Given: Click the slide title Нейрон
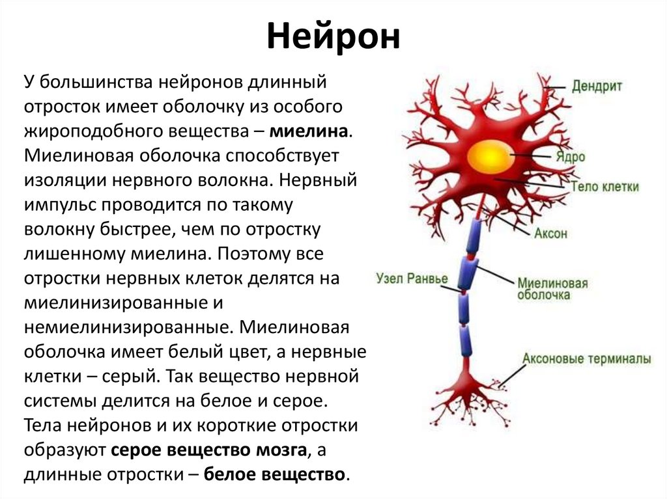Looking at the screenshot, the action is click(333, 37).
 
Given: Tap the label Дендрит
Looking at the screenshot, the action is click(598, 86).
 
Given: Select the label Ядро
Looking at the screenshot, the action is click(571, 157).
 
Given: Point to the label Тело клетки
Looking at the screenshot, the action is click(604, 187).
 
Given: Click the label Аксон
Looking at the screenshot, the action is click(550, 234).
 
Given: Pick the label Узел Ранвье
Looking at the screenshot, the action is click(412, 279).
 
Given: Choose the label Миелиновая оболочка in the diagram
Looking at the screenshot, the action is click(552, 289).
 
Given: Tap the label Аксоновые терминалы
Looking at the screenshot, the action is click(586, 358).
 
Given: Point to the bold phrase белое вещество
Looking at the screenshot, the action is click(274, 474).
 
